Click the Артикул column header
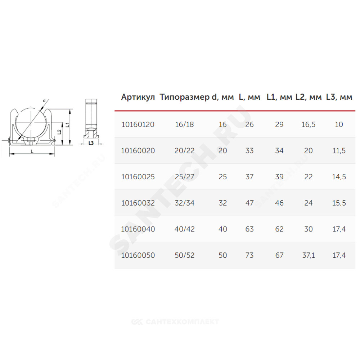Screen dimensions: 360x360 tap(138, 97)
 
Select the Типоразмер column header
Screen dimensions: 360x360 tap(185, 97)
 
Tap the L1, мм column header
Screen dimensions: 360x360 tap(279, 97)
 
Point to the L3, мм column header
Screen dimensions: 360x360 tap(339, 97)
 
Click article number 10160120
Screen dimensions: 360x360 tap(138, 125)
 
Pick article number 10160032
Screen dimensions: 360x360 tap(138, 203)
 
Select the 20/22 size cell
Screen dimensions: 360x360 tap(185, 150)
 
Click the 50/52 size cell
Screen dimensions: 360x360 tap(185, 255)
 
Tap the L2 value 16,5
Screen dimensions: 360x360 tap(309, 125)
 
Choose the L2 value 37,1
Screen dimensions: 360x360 tap(309, 256)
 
